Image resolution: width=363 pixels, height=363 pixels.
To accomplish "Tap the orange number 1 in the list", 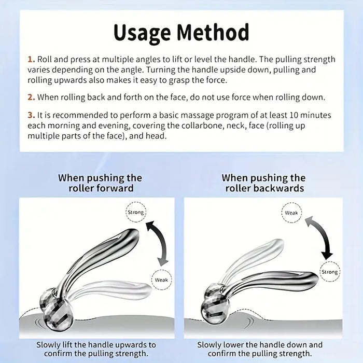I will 31,60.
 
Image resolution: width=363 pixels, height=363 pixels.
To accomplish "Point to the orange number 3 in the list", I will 31,115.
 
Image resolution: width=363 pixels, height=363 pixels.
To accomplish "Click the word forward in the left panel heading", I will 115,188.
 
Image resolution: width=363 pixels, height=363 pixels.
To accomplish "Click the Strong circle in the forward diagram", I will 136,213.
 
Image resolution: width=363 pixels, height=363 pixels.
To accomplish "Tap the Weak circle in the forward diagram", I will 161,280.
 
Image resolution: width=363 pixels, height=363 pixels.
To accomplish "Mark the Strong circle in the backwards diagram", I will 329,272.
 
